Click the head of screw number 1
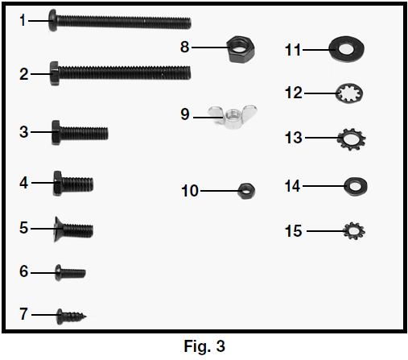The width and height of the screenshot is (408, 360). (53, 20)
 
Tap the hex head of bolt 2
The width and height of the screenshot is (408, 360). (55, 73)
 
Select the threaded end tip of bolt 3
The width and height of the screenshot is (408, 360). (107, 134)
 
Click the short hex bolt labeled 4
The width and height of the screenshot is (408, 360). (73, 184)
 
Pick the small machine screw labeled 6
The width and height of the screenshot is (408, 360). (70, 273)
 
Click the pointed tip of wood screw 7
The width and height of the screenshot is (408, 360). (86, 317)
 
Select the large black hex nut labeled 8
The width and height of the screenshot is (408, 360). (241, 49)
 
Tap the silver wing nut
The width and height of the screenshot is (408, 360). (233, 117)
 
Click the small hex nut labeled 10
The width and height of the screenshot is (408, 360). (246, 191)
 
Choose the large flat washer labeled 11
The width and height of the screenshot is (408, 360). (347, 49)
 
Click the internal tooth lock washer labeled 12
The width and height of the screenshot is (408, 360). (350, 93)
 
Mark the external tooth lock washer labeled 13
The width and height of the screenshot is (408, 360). (352, 139)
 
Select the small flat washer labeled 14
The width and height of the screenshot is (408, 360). (356, 186)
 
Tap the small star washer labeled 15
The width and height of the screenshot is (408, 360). (354, 231)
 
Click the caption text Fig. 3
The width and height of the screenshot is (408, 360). (204, 346)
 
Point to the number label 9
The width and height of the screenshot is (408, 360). (185, 114)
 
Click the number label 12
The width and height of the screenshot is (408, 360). (294, 93)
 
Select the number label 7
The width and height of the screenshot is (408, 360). (23, 314)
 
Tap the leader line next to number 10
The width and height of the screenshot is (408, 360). (219, 191)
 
